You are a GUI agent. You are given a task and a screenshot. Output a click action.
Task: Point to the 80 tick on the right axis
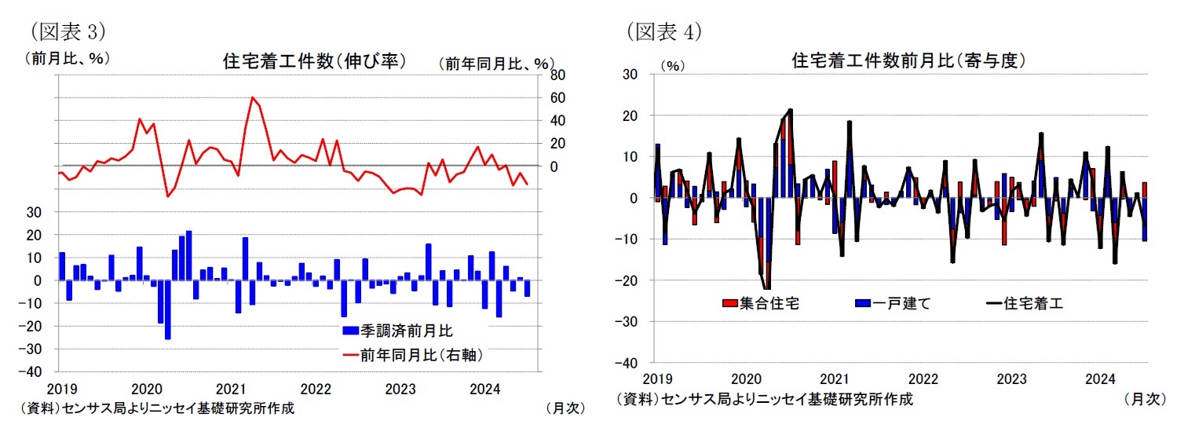(556, 75)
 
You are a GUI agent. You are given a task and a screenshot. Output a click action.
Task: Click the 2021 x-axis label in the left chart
(231, 389)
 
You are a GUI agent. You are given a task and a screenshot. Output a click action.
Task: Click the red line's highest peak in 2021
(252, 98)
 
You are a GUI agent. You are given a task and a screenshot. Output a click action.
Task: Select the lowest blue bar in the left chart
(167, 309)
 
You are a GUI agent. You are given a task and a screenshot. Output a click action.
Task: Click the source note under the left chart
(157, 409)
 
